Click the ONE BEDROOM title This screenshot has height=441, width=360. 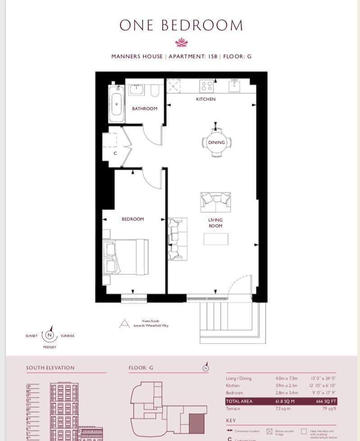click(x=181, y=26)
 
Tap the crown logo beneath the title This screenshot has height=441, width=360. click(x=181, y=43)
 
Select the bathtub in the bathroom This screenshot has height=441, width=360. click(x=117, y=104)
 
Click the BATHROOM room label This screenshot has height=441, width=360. click(x=144, y=109)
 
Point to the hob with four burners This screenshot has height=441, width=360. click(x=207, y=86)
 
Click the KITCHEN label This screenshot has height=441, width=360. click(x=206, y=99)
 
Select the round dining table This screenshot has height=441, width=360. click(x=216, y=142)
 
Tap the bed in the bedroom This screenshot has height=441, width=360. click(x=126, y=256)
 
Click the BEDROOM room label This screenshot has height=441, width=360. click(x=133, y=219)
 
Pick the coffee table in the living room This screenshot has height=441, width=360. click(x=216, y=239)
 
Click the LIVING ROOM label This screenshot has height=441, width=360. click(x=216, y=223)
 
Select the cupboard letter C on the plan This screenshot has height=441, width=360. click(x=115, y=154)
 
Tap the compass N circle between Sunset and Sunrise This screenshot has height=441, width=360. click(x=50, y=335)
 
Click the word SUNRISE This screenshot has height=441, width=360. click(x=67, y=336)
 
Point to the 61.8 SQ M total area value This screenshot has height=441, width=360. click(x=285, y=401)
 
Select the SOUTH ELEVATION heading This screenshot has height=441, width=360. click(x=50, y=368)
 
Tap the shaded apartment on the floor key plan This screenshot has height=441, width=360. click(x=197, y=425)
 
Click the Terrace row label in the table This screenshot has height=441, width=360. click(x=233, y=409)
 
